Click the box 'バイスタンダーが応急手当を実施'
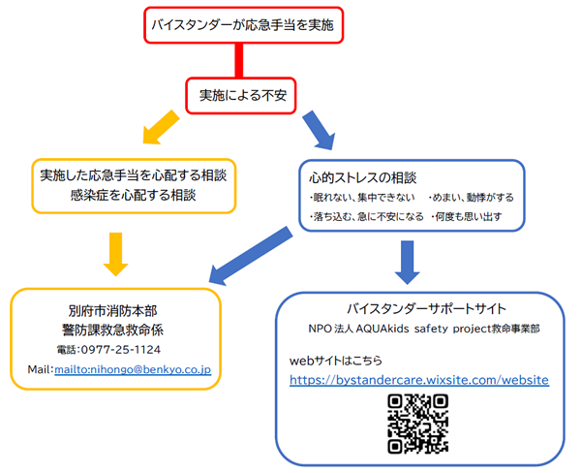coord(241,24)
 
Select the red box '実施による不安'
coord(241,94)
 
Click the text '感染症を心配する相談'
coord(133,196)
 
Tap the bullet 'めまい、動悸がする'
coord(470,197)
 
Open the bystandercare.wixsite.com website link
coord(419,380)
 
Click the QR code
coord(418,424)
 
